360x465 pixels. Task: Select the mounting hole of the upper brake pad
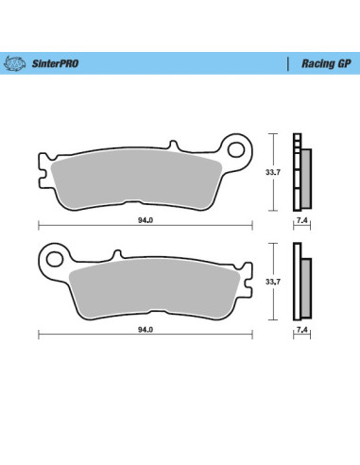tap(235, 147)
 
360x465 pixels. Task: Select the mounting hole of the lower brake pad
tap(55, 257)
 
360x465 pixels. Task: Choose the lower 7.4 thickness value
tap(300, 332)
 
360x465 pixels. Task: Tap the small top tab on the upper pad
tap(172, 146)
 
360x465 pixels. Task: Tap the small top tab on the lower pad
tap(118, 253)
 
